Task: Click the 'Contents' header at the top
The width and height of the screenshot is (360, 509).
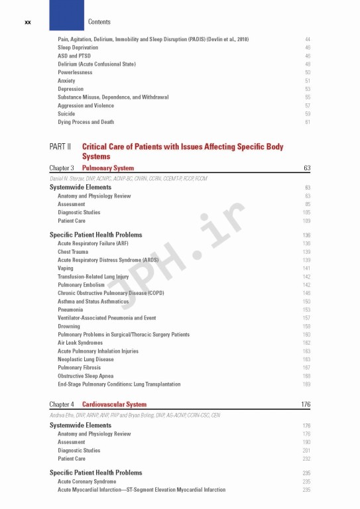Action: pos(99,22)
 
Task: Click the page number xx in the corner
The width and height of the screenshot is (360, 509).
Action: pos(28,22)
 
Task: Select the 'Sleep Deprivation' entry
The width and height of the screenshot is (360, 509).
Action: pos(78,48)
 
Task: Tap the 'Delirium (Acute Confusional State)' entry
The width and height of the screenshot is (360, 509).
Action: pos(96,64)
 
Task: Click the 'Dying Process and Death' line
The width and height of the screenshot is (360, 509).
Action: pos(86,122)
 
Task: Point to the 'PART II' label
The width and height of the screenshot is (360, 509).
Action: pos(60,146)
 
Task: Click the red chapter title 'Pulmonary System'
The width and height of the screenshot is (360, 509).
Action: pos(107,168)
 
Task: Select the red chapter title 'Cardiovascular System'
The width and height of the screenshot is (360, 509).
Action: pos(114,404)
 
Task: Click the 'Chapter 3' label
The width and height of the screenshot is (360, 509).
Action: pos(62,168)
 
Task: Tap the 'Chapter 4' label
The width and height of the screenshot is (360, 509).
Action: pos(62,404)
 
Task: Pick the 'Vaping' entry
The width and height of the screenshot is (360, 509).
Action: pos(66,268)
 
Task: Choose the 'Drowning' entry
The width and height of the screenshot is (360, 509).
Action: pos(69,326)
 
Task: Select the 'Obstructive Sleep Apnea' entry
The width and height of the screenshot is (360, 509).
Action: pos(86,376)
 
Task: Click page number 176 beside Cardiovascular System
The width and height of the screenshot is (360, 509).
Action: pos(306,404)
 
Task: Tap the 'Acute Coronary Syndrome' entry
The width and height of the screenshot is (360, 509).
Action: pos(87,482)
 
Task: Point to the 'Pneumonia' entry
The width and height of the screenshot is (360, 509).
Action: pos(70,310)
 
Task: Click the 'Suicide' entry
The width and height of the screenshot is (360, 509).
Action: pos(66,114)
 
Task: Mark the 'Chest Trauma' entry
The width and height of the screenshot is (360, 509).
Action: pos(74,252)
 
